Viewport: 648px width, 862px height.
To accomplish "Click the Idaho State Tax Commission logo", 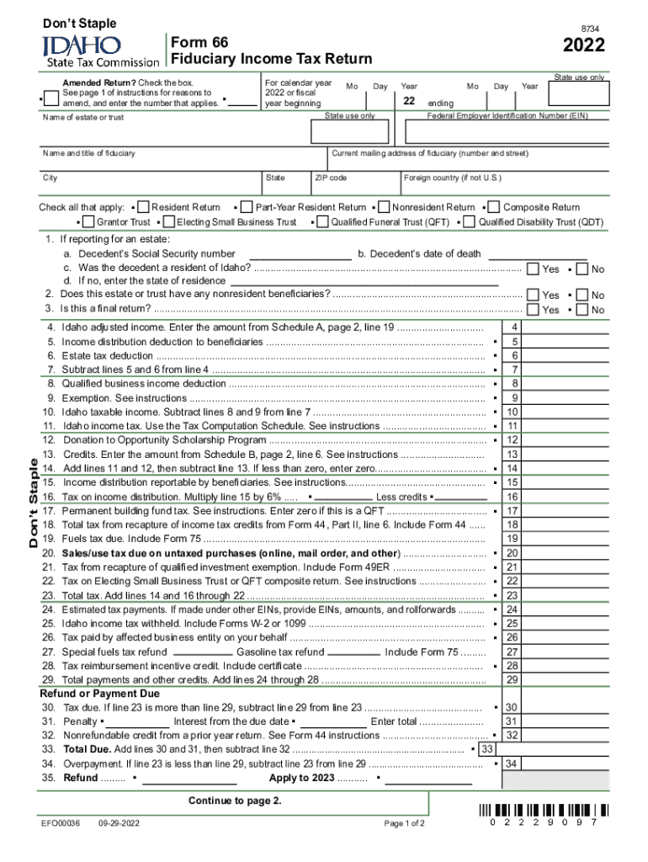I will coord(100,51).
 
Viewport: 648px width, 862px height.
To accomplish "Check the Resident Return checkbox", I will coord(144,207).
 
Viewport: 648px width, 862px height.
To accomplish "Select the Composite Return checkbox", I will coord(496,207).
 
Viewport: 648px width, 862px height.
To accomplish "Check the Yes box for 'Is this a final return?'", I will coord(533,310).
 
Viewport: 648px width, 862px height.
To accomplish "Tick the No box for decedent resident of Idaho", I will coord(581,269).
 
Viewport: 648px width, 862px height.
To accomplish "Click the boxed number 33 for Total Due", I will coord(486,748).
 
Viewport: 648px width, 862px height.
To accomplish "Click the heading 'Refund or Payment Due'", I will coord(99,694).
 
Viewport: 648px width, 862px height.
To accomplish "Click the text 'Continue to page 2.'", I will coord(235,801).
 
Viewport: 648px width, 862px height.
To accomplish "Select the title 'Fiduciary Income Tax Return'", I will coord(271,59).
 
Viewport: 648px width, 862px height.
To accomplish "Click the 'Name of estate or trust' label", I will coord(82,117).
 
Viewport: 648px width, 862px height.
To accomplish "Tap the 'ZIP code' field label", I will coord(331,178).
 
